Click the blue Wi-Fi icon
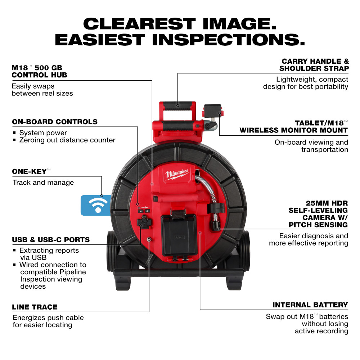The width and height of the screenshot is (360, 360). tap(95, 206)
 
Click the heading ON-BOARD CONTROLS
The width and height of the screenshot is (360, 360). tap(55, 122)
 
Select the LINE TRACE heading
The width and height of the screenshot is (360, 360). tap(35, 307)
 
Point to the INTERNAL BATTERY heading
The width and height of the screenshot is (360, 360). tap(310, 305)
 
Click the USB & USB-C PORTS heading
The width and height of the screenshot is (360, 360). tap(51, 240)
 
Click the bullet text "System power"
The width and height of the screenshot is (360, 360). tap(43, 133)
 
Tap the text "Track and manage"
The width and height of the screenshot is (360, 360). tap(43, 183)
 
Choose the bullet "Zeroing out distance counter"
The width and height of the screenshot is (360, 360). tap(67, 140)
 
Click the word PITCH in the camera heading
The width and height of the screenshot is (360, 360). tap(301, 225)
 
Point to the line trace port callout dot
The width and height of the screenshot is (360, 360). tap(149, 239)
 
